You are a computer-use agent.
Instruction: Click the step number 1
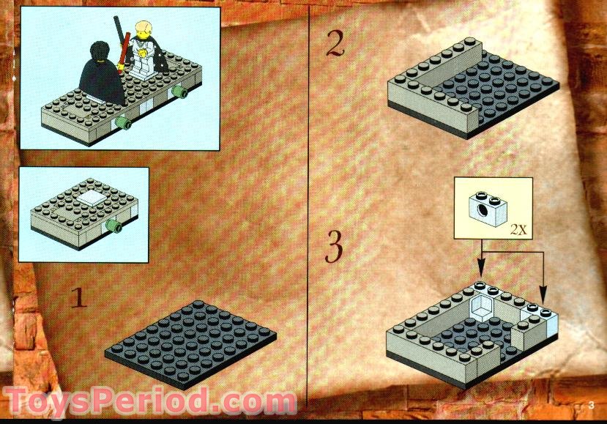[79, 298]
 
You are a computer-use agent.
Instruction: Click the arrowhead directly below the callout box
[481, 275]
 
